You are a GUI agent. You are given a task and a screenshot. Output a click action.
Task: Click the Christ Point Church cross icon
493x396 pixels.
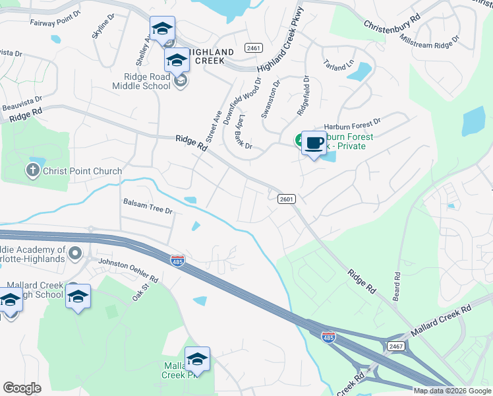pyautogui.click(x=32, y=171)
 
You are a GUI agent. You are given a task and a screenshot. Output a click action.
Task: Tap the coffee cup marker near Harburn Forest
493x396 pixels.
pyautogui.click(x=314, y=143)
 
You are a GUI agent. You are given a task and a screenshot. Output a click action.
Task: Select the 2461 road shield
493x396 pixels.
pyautogui.click(x=253, y=48)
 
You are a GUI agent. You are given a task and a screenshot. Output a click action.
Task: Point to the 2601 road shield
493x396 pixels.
pyautogui.click(x=287, y=199)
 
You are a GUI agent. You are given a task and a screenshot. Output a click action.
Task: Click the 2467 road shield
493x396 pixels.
pyautogui.click(x=395, y=346)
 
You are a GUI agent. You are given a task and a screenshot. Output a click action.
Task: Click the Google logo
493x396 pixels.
pyautogui.click(x=22, y=388)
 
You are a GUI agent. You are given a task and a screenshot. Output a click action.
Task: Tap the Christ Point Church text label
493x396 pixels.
pyautogui.click(x=82, y=172)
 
